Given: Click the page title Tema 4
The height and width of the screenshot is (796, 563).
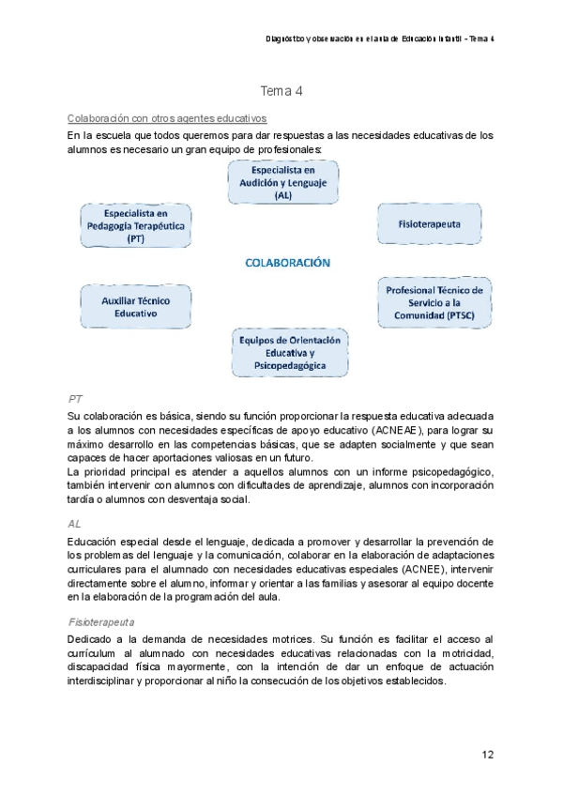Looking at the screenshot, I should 281,92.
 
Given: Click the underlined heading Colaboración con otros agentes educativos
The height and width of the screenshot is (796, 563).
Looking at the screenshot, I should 168,118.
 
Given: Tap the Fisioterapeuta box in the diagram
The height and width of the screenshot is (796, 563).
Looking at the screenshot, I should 430,224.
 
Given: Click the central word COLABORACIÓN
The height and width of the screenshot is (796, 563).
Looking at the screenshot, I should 287,264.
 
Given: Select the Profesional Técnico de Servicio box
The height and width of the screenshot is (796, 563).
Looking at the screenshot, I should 434,303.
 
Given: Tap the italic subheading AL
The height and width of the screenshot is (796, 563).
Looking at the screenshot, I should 75,524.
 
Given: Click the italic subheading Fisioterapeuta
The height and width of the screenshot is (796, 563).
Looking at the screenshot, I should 102,621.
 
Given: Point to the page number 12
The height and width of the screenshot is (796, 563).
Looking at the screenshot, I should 487,754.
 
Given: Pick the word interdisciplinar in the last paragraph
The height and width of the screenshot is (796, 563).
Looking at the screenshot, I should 111,681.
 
